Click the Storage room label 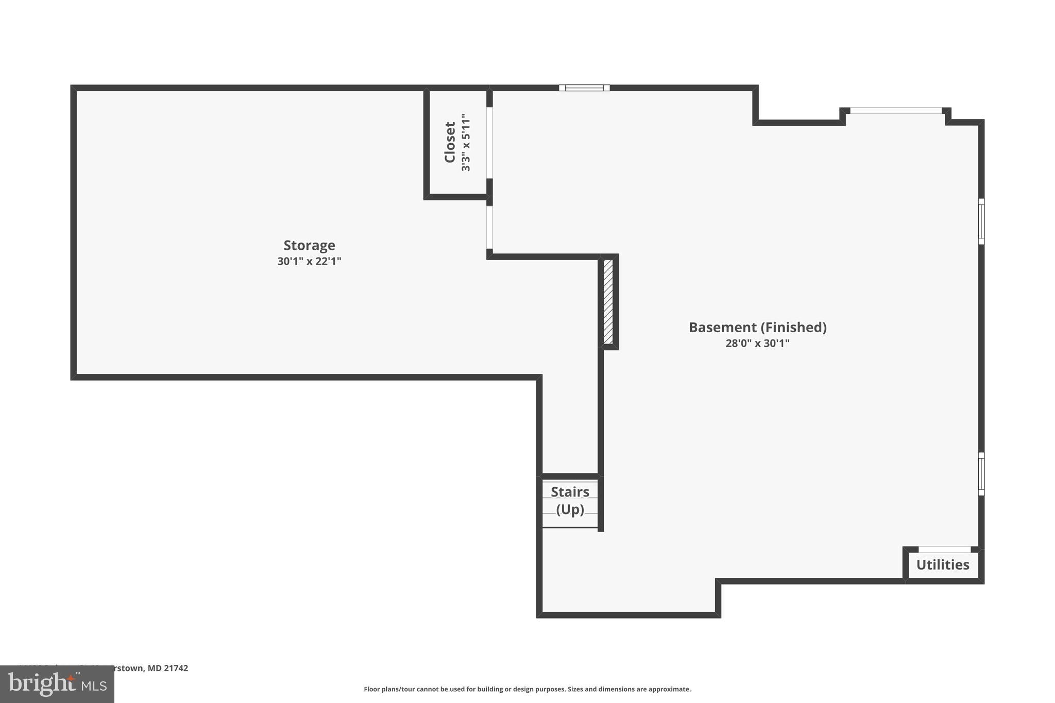pos(309,245)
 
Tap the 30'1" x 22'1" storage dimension pos(309,261)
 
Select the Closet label pos(450,142)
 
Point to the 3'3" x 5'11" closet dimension pos(466,143)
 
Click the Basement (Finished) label pos(757,327)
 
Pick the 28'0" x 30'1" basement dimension pos(757,343)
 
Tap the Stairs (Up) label pos(570,500)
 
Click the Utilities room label pos(942,565)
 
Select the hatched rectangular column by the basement pos(608,301)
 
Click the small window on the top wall pos(584,88)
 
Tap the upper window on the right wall pos(981,221)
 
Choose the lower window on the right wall pos(981,474)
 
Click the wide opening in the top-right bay pos(896,110)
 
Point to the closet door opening pos(489,143)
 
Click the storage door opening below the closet pos(489,228)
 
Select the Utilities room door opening pos(944,550)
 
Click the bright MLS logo pos(57,684)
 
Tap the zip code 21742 pos(176,668)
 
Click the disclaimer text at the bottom pos(527,689)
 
